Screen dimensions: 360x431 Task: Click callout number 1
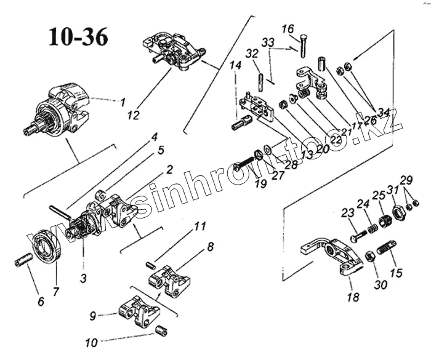coord(123,101)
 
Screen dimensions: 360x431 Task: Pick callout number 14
coord(236,65)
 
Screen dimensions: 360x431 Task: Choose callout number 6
coord(41,302)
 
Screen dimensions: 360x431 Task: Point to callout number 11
coord(198,226)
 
